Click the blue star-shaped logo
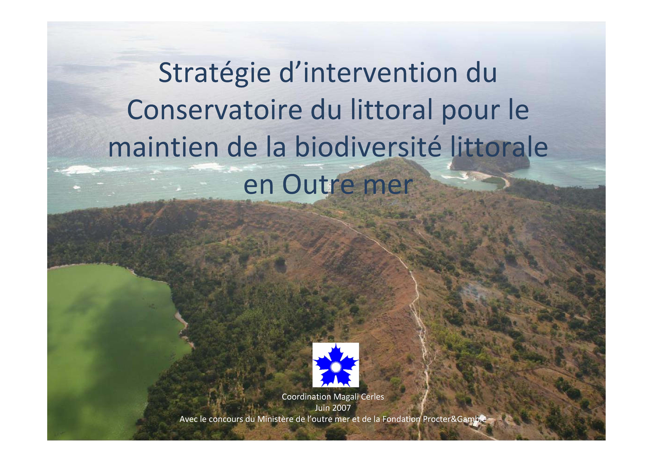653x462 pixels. pyautogui.click(x=336, y=365)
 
